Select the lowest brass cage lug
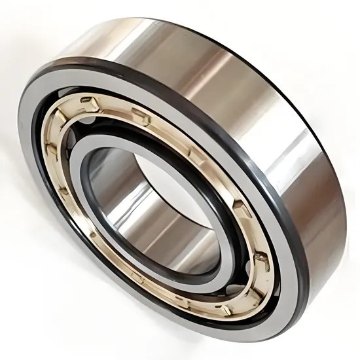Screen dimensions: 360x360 226,307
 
